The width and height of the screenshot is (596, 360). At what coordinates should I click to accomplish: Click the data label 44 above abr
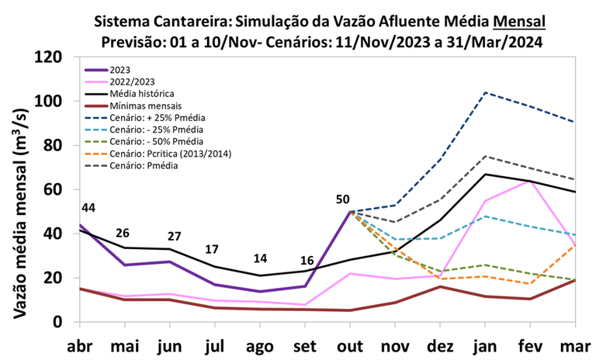(88, 207)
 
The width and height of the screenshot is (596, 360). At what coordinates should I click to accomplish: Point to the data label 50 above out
(342, 199)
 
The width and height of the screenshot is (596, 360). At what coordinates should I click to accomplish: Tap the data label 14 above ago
(261, 258)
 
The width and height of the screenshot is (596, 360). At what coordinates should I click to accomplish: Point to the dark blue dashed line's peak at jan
(485, 92)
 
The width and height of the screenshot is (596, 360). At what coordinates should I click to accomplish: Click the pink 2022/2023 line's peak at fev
(529, 181)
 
